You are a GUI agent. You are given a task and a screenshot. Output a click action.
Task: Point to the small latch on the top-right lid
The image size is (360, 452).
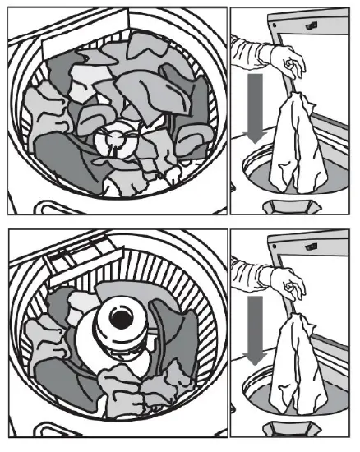pyautogui.click(x=312, y=25)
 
